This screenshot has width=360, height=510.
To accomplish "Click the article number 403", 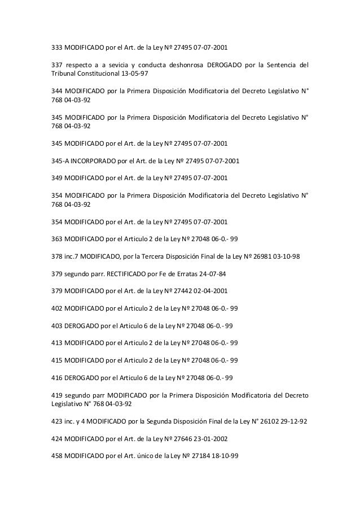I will click(x=58, y=327).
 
